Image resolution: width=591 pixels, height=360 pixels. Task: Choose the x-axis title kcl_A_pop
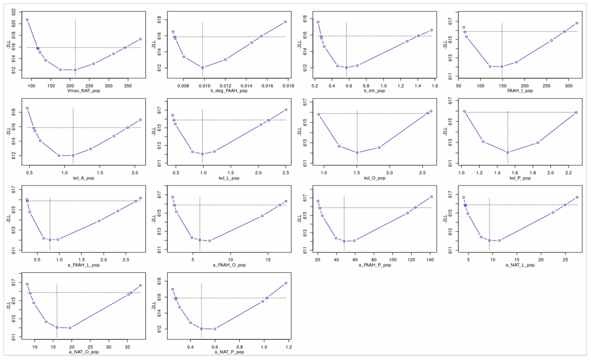click(84, 178)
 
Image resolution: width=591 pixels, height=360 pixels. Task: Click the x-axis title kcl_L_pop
click(229, 178)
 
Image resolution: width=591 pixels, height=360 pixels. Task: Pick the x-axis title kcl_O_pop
click(375, 178)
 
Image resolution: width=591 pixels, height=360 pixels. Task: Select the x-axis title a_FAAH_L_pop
click(84, 265)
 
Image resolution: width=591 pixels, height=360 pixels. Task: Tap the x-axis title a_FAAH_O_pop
click(229, 265)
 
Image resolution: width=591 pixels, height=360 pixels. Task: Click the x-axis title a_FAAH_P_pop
click(375, 265)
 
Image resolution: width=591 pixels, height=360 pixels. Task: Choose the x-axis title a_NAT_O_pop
click(84, 351)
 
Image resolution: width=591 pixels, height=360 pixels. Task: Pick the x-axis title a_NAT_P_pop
click(229, 351)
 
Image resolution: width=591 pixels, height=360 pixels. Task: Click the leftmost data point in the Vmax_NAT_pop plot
click(27, 20)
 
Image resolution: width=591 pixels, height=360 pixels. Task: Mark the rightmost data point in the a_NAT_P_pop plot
click(286, 283)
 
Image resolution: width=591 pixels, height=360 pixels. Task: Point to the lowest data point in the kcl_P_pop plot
click(507, 152)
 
